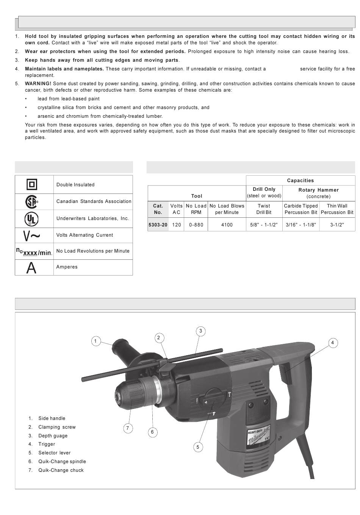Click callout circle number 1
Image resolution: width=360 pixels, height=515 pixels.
pos(95,341)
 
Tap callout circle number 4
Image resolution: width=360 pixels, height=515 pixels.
pos(332,343)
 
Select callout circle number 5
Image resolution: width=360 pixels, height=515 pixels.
pos(198,447)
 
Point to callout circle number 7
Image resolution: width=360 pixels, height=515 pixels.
pos(128,428)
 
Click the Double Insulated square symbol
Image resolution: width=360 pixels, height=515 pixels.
pos(32,185)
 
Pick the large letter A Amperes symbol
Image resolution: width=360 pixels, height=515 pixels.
pos(31,268)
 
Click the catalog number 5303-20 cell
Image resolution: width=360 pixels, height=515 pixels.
pos(158,225)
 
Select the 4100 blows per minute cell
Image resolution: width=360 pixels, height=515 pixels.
pos(227,225)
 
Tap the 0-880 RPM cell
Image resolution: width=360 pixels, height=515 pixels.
pos(196,225)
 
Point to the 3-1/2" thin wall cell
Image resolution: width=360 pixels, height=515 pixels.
pos(337,225)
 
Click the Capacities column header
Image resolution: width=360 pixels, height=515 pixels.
pos(300,181)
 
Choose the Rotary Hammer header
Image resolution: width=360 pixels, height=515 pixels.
pos(318,190)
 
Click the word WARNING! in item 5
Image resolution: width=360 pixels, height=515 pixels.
pos(38,84)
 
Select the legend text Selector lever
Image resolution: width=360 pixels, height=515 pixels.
pos(54,453)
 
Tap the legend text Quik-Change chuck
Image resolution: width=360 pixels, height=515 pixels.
pos(61,470)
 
